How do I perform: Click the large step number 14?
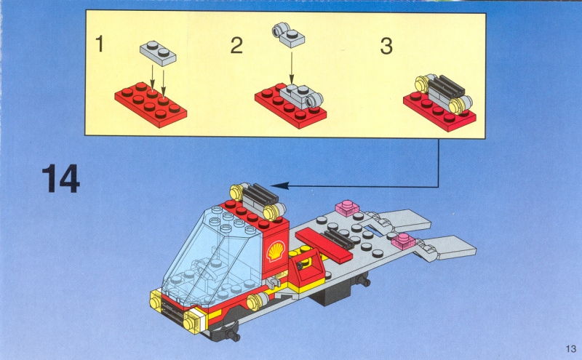(x=60, y=178)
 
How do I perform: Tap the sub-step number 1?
(x=99, y=44)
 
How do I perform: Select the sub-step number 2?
(x=236, y=45)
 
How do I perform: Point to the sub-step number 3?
(x=386, y=47)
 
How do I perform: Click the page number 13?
(x=571, y=349)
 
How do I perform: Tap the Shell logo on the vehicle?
(x=276, y=251)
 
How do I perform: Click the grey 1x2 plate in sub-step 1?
(x=158, y=53)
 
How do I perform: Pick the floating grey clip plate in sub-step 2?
(x=288, y=35)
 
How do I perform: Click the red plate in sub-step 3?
(x=440, y=111)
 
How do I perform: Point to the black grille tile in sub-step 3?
(x=447, y=87)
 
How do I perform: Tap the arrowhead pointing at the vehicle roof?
(x=279, y=185)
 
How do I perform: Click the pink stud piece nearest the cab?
(x=348, y=208)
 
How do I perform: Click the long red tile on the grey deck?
(x=324, y=245)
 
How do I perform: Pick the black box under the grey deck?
(x=332, y=293)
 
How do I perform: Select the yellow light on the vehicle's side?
(x=257, y=301)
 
